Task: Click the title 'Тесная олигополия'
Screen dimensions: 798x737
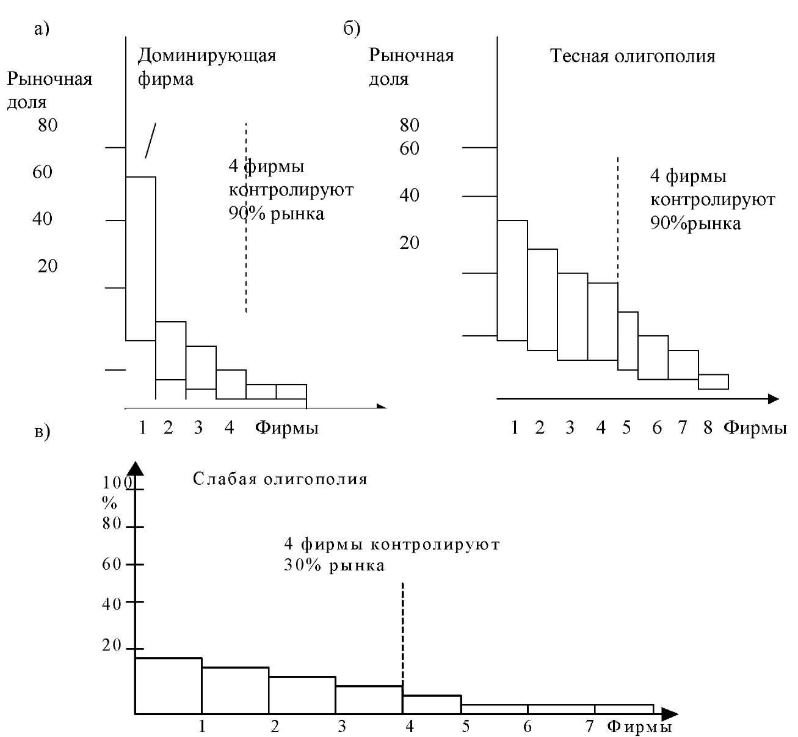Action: (x=633, y=56)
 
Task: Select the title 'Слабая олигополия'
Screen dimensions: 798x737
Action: (x=280, y=479)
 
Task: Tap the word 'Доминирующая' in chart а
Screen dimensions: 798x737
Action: (x=207, y=56)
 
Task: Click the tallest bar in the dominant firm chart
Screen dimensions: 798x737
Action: (x=140, y=258)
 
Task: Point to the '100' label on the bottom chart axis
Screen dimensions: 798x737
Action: (x=117, y=482)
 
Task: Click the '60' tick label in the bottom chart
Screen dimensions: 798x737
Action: (x=112, y=564)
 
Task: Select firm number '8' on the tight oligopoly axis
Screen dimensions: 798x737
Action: (x=708, y=427)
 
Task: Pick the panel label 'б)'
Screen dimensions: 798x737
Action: (x=352, y=29)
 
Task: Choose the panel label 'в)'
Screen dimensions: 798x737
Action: (x=42, y=432)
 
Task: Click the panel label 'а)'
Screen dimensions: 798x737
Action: (x=42, y=29)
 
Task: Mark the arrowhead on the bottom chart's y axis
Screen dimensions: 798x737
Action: (x=136, y=468)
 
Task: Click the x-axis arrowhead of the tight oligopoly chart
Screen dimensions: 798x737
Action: (x=773, y=399)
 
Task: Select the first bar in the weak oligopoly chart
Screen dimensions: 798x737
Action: (x=169, y=686)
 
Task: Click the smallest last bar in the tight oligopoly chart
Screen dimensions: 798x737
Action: (x=713, y=382)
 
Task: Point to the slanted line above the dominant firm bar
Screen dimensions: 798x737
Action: (x=150, y=140)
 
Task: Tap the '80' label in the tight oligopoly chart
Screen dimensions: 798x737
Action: (x=409, y=125)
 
